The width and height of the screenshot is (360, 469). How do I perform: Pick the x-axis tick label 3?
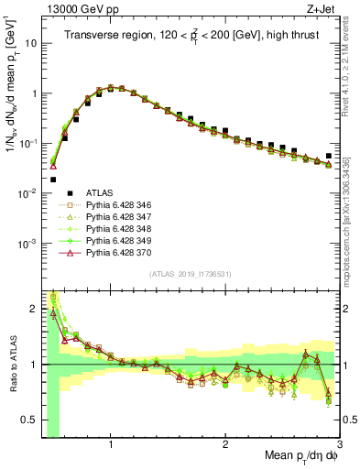(339, 443)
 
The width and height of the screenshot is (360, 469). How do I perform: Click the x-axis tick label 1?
(111, 443)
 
